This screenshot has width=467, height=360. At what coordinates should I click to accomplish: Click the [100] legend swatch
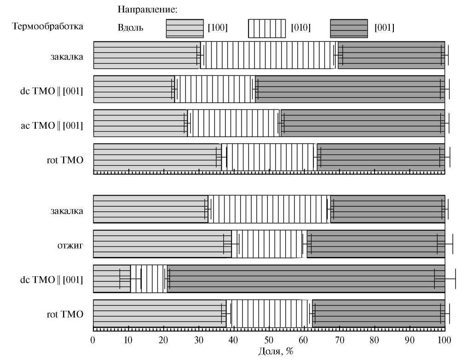(x=184, y=28)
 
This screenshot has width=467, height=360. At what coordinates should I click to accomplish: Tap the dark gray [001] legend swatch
(x=349, y=28)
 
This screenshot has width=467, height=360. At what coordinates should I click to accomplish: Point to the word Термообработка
(x=47, y=26)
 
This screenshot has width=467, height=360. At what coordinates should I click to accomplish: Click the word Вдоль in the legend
(x=131, y=28)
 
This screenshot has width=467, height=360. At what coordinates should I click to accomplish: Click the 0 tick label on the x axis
(x=93, y=341)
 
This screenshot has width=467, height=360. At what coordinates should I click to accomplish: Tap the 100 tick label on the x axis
(x=444, y=341)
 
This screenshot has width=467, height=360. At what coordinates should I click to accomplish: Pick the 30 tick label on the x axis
(x=199, y=341)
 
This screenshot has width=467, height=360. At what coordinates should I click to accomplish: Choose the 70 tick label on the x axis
(x=339, y=341)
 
